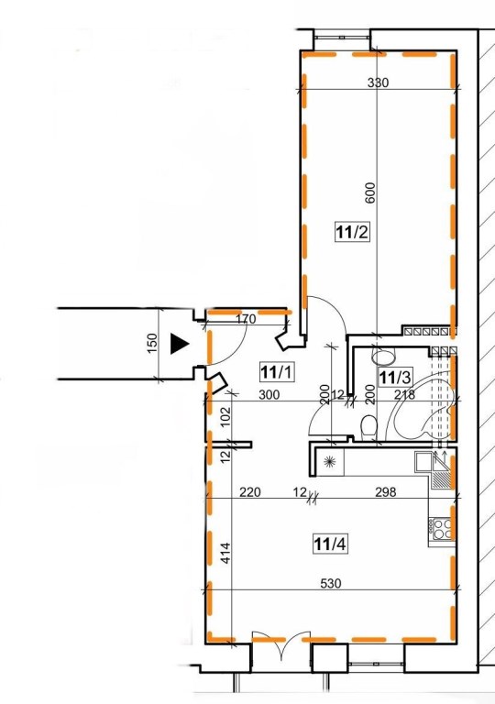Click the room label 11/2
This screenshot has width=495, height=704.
pyautogui.click(x=352, y=232)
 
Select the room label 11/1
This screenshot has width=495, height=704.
pyautogui.click(x=276, y=372)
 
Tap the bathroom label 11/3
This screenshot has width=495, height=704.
pyautogui.click(x=395, y=377)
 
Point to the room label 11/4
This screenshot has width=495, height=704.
pyautogui.click(x=330, y=544)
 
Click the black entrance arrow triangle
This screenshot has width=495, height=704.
pyautogui.click(x=180, y=345)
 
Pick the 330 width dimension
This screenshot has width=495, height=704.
pyautogui.click(x=378, y=82)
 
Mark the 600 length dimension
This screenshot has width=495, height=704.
pyautogui.click(x=370, y=192)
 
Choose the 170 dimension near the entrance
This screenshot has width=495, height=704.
pyautogui.click(x=246, y=319)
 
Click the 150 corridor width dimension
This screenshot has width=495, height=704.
pyautogui.click(x=153, y=343)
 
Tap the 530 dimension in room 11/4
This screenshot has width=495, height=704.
pyautogui.click(x=331, y=583)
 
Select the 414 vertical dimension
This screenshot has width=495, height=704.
pyautogui.click(x=225, y=553)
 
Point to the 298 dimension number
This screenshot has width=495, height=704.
pyautogui.click(x=386, y=492)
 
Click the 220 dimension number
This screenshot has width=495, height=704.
pyautogui.click(x=249, y=492)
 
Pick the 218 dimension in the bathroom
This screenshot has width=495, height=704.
pyautogui.click(x=404, y=395)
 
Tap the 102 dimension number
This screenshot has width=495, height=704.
pyautogui.click(x=225, y=417)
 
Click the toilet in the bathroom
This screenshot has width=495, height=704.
pyautogui.click(x=368, y=426)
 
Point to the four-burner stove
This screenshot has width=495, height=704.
pyautogui.click(x=441, y=528)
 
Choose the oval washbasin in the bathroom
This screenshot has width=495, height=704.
pyautogui.click(x=384, y=357)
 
